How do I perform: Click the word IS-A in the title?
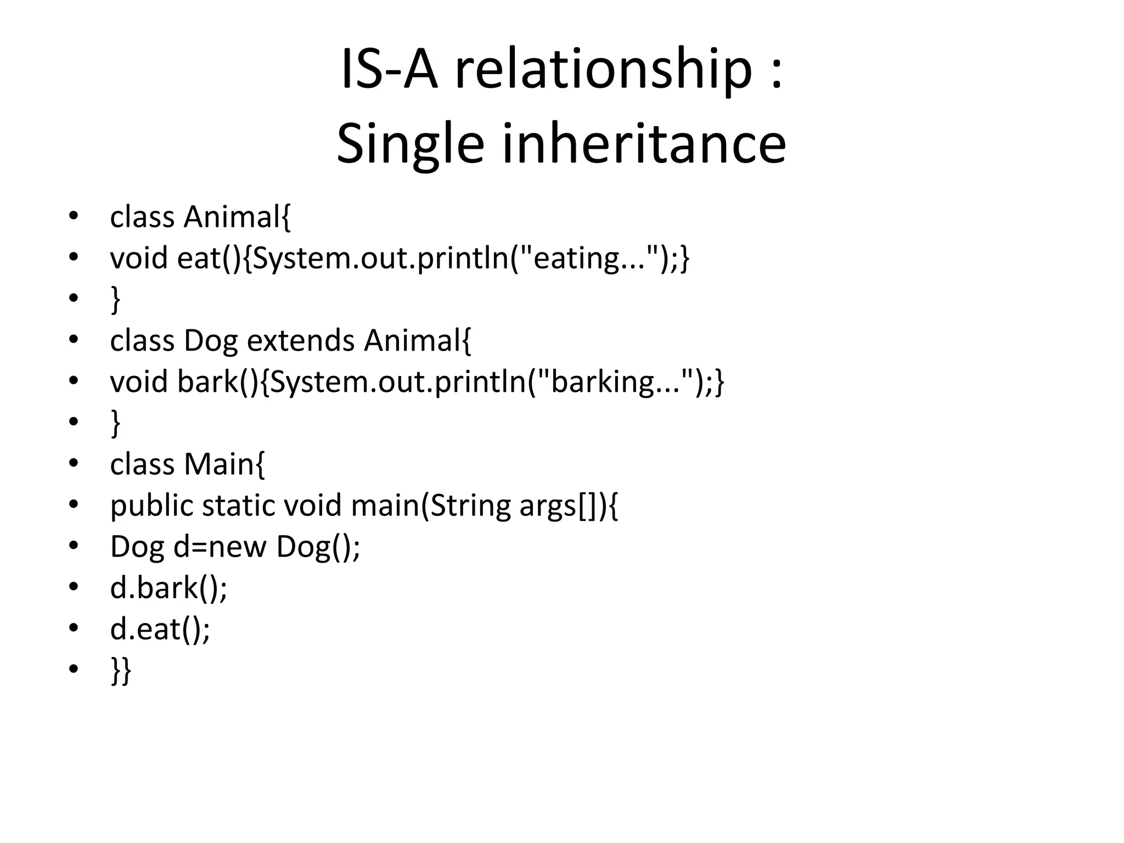pos(389,70)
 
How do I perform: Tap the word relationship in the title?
pos(604,70)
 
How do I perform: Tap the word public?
pos(151,505)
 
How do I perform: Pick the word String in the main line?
pos(469,505)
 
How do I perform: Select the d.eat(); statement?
pos(160,629)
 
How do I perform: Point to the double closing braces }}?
pos(121,670)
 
